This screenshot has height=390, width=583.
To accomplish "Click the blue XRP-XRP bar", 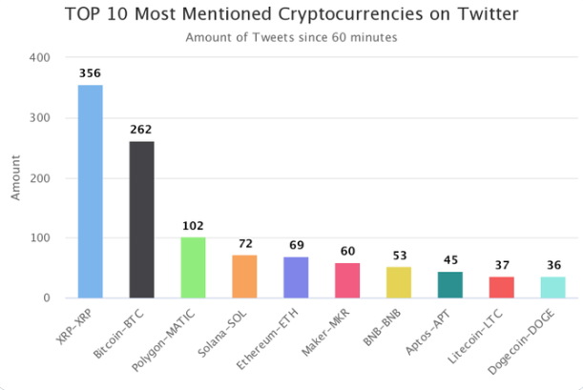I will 90,191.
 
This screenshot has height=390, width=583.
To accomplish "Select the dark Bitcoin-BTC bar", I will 141,219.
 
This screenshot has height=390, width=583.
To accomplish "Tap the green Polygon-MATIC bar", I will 193,268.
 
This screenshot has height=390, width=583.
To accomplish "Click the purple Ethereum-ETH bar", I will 296,277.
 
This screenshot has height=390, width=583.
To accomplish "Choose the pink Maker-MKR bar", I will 347,280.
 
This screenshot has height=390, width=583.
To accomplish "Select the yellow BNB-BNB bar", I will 399,282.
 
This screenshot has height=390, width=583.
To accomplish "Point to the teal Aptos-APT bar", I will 450,285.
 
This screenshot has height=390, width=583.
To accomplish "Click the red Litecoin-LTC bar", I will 502,287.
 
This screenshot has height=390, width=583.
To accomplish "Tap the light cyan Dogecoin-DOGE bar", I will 553,287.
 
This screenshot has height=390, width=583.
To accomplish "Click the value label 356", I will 90,72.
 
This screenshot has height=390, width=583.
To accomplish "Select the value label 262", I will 141,129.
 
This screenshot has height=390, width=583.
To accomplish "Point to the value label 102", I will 193,225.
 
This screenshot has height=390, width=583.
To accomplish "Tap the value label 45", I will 450,259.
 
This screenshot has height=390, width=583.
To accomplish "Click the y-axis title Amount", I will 15,177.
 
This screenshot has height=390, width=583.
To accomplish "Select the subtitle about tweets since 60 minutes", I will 291,37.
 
